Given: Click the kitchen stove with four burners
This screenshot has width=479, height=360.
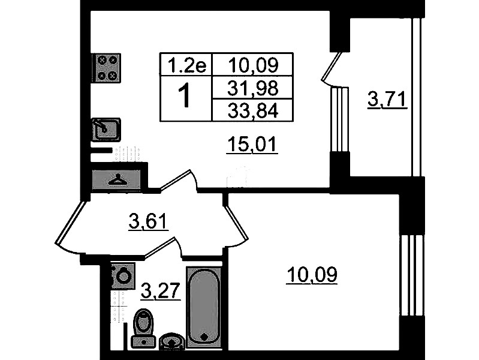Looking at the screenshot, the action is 106,68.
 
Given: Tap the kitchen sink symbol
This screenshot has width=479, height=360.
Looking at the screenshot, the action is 106,130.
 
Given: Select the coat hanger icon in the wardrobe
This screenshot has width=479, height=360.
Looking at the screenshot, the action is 118,180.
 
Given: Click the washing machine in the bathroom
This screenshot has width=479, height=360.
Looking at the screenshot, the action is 123,276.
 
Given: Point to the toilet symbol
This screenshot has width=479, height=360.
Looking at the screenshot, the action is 143,328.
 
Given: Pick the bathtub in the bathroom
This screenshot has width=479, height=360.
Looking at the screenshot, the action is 204,307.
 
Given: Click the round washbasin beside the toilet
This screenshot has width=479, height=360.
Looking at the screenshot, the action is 172,341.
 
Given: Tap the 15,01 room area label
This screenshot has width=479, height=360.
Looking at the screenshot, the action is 252,145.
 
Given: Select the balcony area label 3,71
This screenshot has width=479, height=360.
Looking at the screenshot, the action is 387,100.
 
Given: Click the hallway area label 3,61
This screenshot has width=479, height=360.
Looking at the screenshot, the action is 149,221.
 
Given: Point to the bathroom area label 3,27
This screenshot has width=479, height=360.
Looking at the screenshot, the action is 161,290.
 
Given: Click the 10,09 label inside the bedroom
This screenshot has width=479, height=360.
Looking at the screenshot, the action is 312,275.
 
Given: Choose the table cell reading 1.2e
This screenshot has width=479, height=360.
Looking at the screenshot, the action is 186,65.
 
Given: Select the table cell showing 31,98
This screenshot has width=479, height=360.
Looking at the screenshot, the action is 252,88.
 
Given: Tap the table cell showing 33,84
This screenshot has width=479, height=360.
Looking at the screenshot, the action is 252,110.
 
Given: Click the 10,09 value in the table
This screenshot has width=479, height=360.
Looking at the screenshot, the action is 252,65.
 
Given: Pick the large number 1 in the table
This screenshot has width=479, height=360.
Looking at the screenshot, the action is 185,97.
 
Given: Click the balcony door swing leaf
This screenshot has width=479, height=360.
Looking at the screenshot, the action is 332,67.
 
